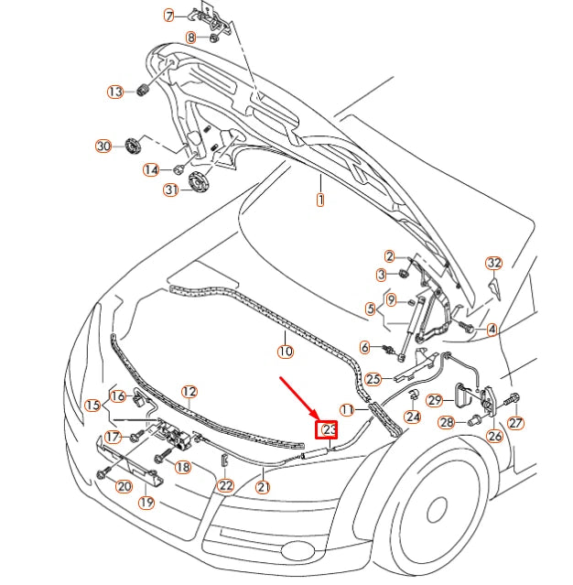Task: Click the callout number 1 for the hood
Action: [x=320, y=200]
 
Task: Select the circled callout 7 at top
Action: [x=168, y=16]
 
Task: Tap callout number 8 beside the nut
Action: [x=191, y=38]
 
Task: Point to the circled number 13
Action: [x=115, y=92]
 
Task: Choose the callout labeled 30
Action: [x=103, y=146]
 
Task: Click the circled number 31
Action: [x=170, y=190]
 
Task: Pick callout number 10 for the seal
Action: [x=285, y=351]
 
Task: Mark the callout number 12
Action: [x=189, y=392]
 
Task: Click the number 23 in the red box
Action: [x=328, y=429]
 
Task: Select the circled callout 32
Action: [x=493, y=263]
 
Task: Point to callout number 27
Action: [x=516, y=423]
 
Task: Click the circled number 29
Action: [x=436, y=399]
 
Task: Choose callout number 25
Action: [x=373, y=377]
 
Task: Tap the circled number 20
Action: [x=124, y=485]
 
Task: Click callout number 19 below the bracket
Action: [x=146, y=503]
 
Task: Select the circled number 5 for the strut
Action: [x=371, y=309]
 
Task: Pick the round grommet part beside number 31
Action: [x=198, y=180]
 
